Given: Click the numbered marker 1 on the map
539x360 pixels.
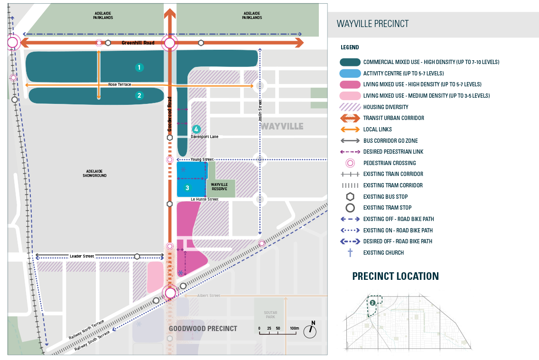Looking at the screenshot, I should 139,67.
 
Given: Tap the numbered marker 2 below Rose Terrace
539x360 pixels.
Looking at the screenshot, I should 139,95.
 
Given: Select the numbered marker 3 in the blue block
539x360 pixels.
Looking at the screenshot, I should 187,188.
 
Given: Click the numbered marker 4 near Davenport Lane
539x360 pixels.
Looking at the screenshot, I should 196,129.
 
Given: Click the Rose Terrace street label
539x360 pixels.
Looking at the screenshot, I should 119,84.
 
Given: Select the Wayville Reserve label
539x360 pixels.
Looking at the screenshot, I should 220,186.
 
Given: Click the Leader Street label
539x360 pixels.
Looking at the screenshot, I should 82,256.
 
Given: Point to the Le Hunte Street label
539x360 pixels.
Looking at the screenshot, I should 204,199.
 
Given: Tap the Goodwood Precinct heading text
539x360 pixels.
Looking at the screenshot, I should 203,328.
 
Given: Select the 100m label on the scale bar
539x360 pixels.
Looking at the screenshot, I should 294,328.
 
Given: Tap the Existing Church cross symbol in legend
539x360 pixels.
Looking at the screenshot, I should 350,252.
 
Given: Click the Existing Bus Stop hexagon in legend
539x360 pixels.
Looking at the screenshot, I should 350,196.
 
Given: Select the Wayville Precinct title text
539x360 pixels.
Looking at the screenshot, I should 372,24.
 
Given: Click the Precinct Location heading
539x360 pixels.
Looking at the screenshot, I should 395,276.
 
